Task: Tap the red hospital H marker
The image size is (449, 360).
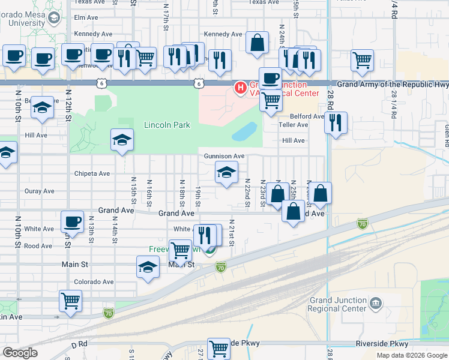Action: pos(241,89)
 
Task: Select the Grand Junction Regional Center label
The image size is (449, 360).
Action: pos(337,304)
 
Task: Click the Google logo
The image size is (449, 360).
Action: pos(20,353)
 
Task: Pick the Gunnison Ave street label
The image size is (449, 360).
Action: pos(224,156)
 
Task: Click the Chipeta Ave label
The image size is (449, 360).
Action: pos(92,174)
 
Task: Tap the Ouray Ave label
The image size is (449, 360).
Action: pos(40,191)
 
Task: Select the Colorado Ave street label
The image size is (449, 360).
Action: pos(93,281)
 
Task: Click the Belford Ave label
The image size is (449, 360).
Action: pos(307,116)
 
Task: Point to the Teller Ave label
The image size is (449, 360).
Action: pos(293,125)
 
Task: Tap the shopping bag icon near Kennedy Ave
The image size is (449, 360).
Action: pos(257,43)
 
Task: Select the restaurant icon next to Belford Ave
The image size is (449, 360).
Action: pos(336,123)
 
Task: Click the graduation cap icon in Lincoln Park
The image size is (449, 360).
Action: pos(122,140)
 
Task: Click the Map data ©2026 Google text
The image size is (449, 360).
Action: pos(411,355)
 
